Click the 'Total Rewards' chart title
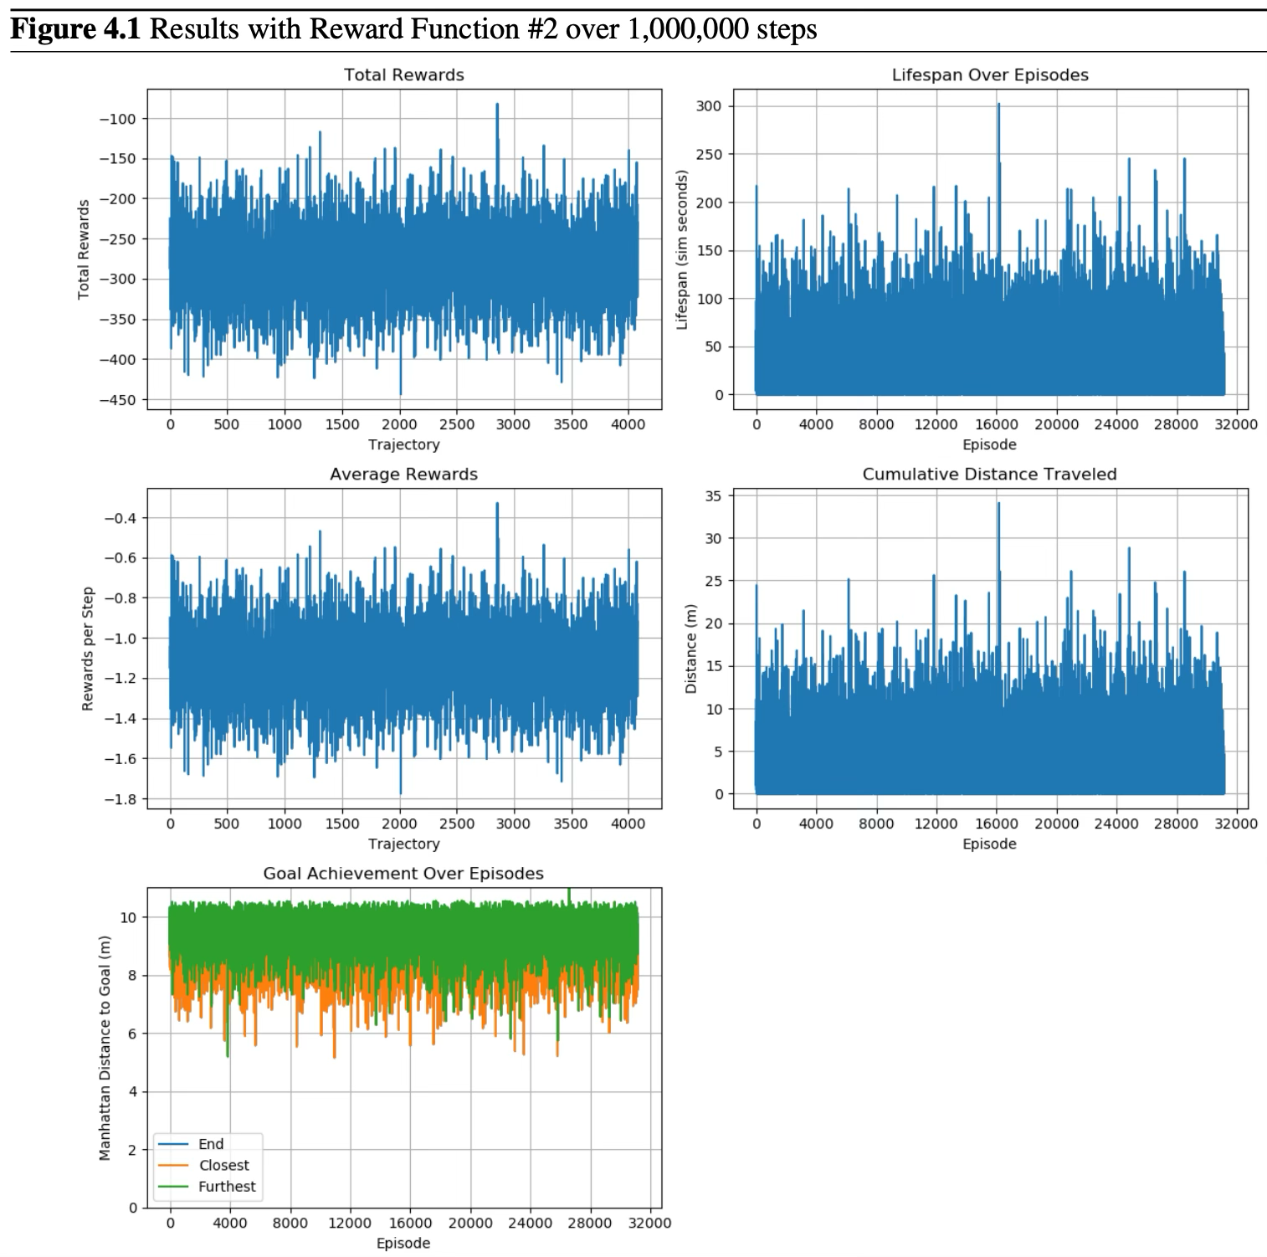tap(403, 75)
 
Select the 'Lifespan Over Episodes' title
tap(990, 75)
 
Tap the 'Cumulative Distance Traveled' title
tap(989, 475)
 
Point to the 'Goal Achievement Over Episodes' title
tap(403, 874)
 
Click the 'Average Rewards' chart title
tap(403, 475)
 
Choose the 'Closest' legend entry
tap(223, 1165)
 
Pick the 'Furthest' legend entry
tap(227, 1187)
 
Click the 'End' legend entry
tap(211, 1144)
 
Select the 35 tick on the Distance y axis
tap(714, 495)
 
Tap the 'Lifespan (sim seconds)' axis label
tap(682, 249)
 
